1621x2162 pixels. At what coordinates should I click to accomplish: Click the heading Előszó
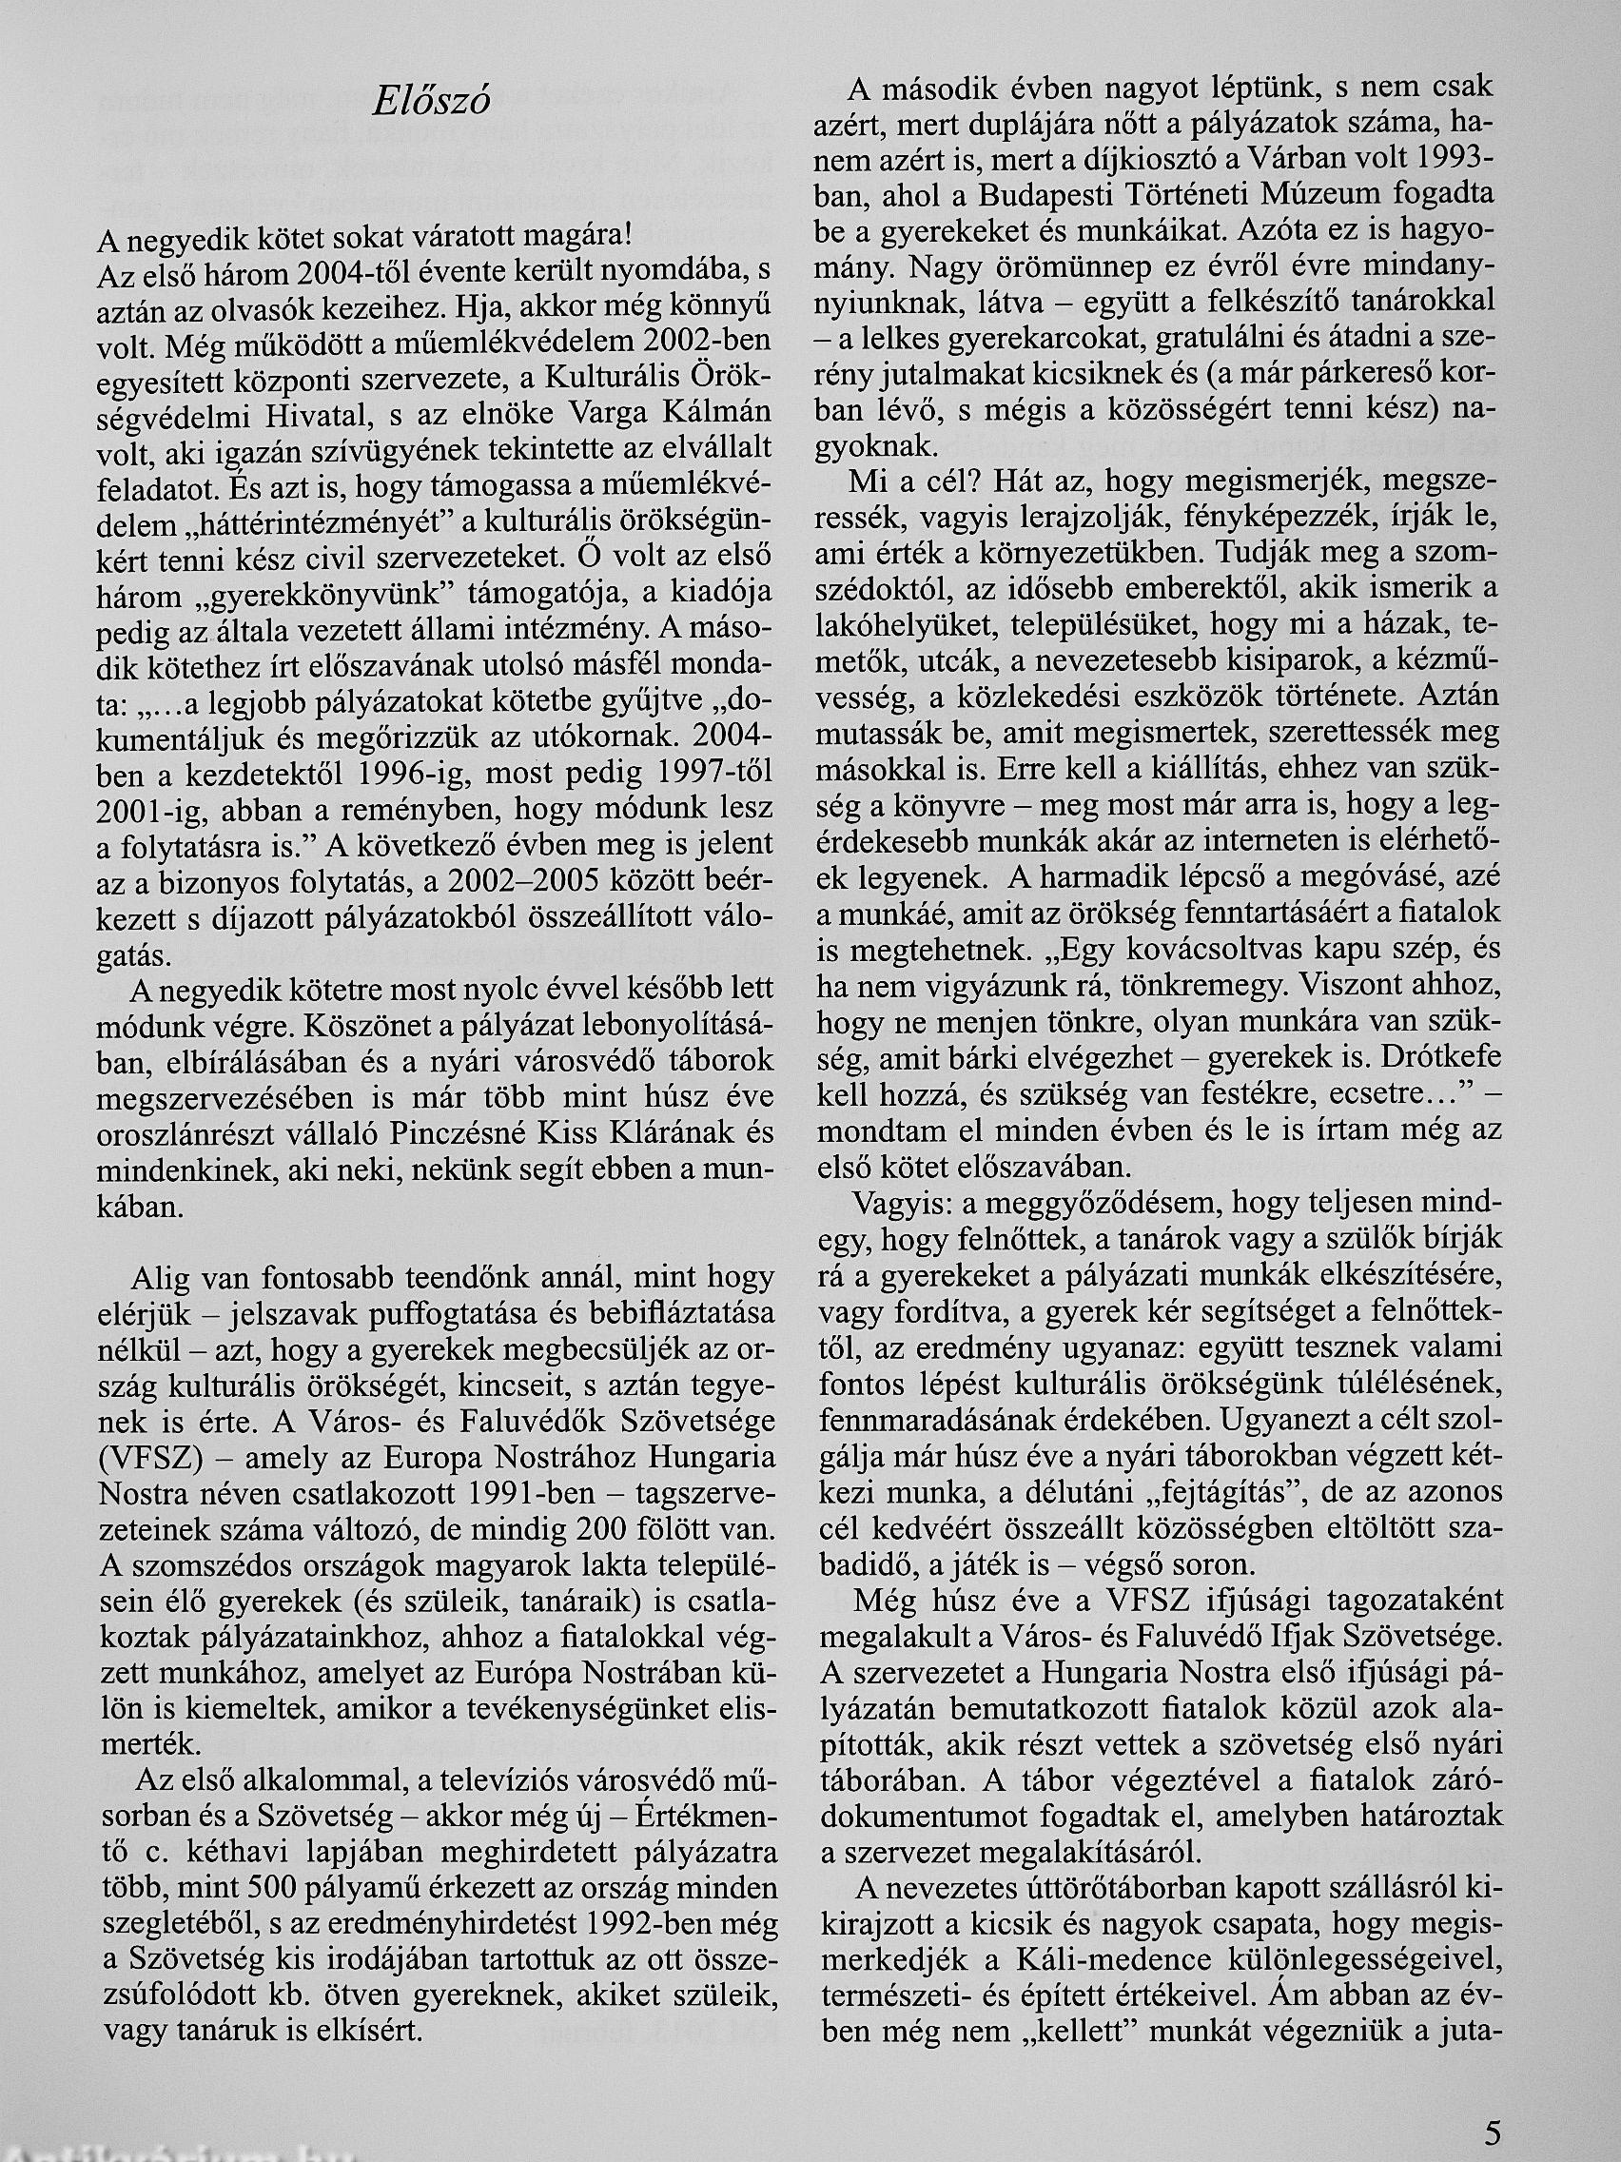coord(431,100)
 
